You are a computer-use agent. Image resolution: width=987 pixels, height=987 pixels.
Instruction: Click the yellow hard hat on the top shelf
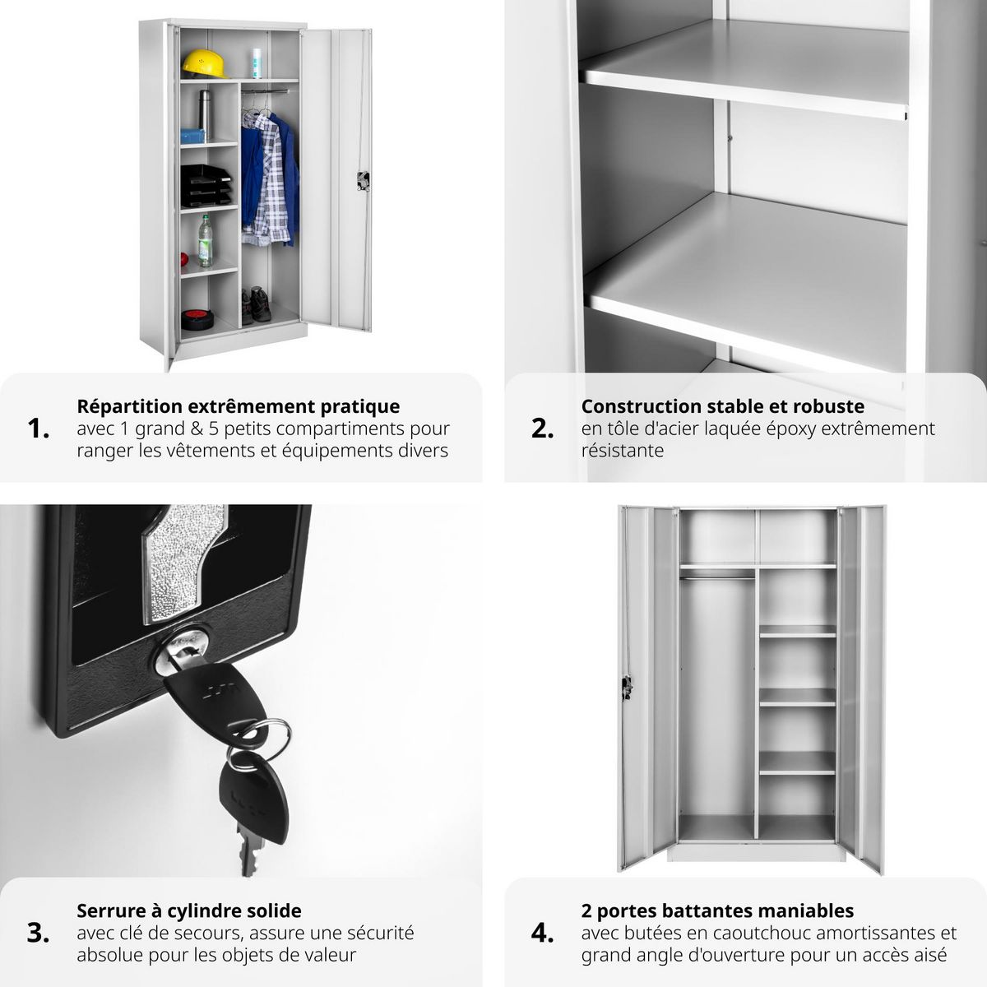[x=199, y=62]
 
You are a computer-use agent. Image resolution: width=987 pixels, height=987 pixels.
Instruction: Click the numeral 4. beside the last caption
[x=542, y=933]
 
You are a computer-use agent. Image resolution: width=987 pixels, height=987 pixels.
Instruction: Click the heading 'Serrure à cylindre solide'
[x=189, y=911]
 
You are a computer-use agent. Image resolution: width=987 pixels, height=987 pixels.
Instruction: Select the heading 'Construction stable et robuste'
[x=722, y=406]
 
